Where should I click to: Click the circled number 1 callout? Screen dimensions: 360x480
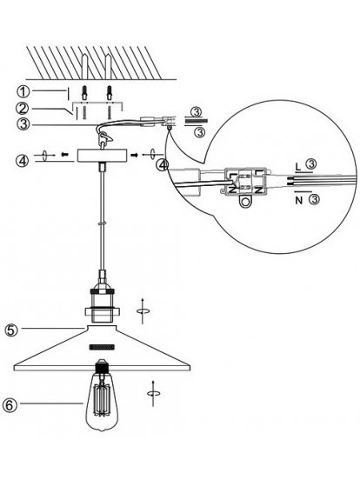(x=23, y=91)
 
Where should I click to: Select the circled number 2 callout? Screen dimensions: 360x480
(x=23, y=109)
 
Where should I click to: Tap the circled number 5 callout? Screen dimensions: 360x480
(x=11, y=330)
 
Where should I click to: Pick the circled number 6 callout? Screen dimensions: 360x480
(x=9, y=405)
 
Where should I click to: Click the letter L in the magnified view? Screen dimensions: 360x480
(x=298, y=167)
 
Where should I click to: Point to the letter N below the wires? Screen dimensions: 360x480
(x=299, y=201)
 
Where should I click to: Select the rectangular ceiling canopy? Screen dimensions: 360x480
(x=102, y=156)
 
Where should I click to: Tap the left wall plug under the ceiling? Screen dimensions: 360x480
(x=85, y=93)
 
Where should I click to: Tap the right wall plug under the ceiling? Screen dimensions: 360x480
(x=110, y=93)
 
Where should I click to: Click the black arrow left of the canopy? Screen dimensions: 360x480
(x=64, y=155)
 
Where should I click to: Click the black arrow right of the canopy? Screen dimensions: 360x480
(x=135, y=155)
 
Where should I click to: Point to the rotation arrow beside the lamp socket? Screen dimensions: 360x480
(x=143, y=310)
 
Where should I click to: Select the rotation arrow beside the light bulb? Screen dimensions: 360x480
(x=153, y=393)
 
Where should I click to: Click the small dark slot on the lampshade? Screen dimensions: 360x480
(x=102, y=347)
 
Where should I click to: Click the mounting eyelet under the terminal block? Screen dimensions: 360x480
(x=245, y=202)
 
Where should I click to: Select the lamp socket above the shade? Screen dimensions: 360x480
(x=102, y=305)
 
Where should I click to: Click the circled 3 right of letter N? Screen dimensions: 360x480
(x=313, y=200)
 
